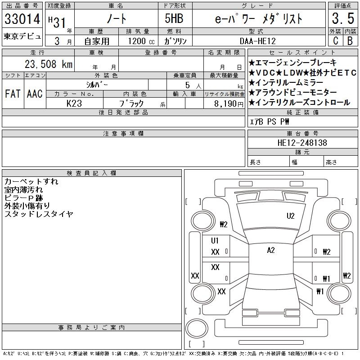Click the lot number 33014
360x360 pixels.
[22, 19]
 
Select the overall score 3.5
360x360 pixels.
[343, 18]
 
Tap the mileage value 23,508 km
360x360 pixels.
[49, 64]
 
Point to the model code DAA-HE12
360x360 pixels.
[257, 41]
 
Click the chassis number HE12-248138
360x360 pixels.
[302, 143]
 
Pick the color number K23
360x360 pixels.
[74, 103]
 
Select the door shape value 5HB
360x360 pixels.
[174, 18]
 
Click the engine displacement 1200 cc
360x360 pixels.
[141, 41]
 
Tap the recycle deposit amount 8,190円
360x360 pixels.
[229, 104]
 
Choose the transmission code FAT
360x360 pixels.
[13, 94]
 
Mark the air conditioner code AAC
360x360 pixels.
[35, 94]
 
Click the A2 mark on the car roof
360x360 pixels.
[271, 250]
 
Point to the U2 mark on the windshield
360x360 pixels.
[290, 216]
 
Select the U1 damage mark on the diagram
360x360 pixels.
[215, 241]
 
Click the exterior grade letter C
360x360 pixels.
[335, 40]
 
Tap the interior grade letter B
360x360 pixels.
[350, 40]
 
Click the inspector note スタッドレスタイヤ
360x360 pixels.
[39, 214]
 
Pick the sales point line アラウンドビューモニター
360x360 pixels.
[293, 92]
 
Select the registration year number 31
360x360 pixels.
[59, 23]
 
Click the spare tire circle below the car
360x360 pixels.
[197, 328]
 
